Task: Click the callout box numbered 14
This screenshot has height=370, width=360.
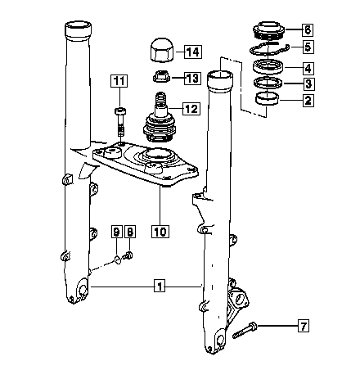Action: pos(193,52)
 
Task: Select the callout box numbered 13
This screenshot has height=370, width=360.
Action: pos(192,79)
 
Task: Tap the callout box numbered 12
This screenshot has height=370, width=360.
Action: pos(191,109)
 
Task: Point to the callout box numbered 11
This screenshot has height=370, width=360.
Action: pos(119,81)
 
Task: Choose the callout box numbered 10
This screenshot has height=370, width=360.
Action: pos(160,232)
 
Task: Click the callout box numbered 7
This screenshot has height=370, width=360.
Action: pos(304,326)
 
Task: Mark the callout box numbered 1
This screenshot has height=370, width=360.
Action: pos(160,286)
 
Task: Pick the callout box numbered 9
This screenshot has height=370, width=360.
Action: pos(116,232)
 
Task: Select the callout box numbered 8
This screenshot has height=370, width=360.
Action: pos(130,232)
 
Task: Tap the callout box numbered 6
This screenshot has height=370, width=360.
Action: pos(308,29)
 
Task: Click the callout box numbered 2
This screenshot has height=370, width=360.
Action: pos(308,100)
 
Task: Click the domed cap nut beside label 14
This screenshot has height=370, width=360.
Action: pos(163,51)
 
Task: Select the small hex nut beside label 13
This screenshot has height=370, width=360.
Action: pos(162,76)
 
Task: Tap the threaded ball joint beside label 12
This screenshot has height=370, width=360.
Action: pos(160,119)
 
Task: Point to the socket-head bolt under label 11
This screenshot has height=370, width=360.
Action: pos(120,122)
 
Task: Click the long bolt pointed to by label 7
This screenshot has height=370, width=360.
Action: pos(245,330)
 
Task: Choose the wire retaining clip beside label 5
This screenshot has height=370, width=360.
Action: pos(269,48)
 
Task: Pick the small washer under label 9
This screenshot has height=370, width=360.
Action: pos(118,259)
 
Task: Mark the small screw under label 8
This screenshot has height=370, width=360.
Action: pos(128,256)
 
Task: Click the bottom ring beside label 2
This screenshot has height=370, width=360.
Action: pos(268,99)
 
